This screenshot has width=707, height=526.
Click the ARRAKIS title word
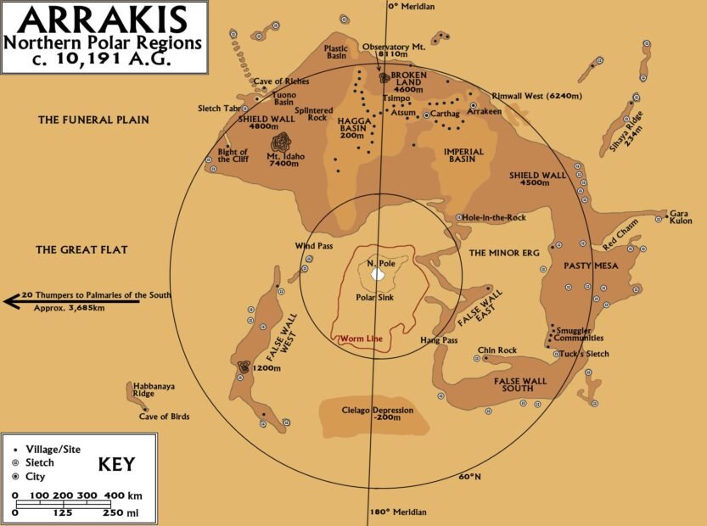coord(104,18)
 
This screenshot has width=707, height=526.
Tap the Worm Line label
coord(362,339)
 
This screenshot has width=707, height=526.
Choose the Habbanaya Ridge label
coord(154,390)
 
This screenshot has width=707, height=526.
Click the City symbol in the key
coord(16,477)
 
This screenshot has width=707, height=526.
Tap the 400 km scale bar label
coord(116,495)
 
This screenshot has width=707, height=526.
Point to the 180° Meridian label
coord(397,512)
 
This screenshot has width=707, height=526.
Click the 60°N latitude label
coord(469,477)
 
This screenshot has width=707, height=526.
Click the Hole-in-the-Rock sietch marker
coord(459,217)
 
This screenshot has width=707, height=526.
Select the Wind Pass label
coord(313,246)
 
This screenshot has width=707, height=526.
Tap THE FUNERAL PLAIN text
coord(93,120)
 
